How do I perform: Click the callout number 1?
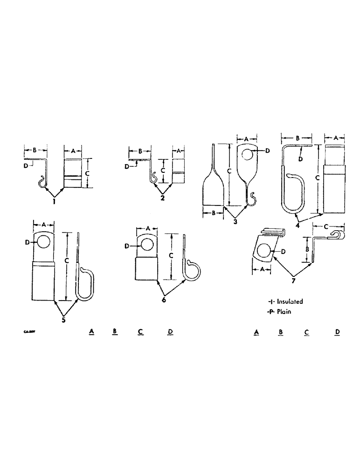tap(55, 202)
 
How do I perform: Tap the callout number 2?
tap(163, 197)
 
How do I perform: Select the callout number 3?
tap(235, 222)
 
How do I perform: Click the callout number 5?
tap(63, 320)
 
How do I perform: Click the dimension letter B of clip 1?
tap(35, 151)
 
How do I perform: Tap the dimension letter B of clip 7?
tap(306, 249)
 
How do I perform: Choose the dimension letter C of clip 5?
tap(67, 262)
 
